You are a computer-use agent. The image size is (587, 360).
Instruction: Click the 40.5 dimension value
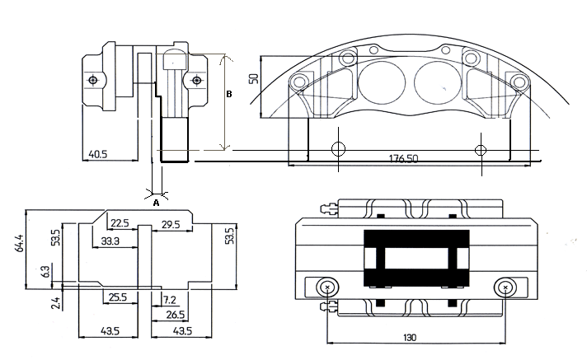(x=99, y=153)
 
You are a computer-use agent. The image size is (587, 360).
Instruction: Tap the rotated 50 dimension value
(x=253, y=77)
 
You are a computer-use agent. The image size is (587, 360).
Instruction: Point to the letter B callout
(x=229, y=95)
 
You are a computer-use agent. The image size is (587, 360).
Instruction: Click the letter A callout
(x=157, y=200)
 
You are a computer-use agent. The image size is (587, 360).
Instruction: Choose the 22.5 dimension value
(x=120, y=224)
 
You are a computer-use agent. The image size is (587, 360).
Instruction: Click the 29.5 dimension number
(x=171, y=224)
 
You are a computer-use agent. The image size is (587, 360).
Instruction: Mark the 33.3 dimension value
(x=110, y=241)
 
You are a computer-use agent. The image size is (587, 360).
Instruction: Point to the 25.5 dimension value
(x=117, y=297)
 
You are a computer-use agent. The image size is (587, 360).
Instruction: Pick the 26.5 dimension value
(x=174, y=314)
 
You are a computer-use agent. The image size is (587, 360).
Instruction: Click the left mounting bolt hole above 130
(x=328, y=288)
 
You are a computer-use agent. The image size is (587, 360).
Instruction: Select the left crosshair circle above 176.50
(x=337, y=149)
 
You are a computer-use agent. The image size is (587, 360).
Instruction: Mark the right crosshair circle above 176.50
(x=481, y=149)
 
